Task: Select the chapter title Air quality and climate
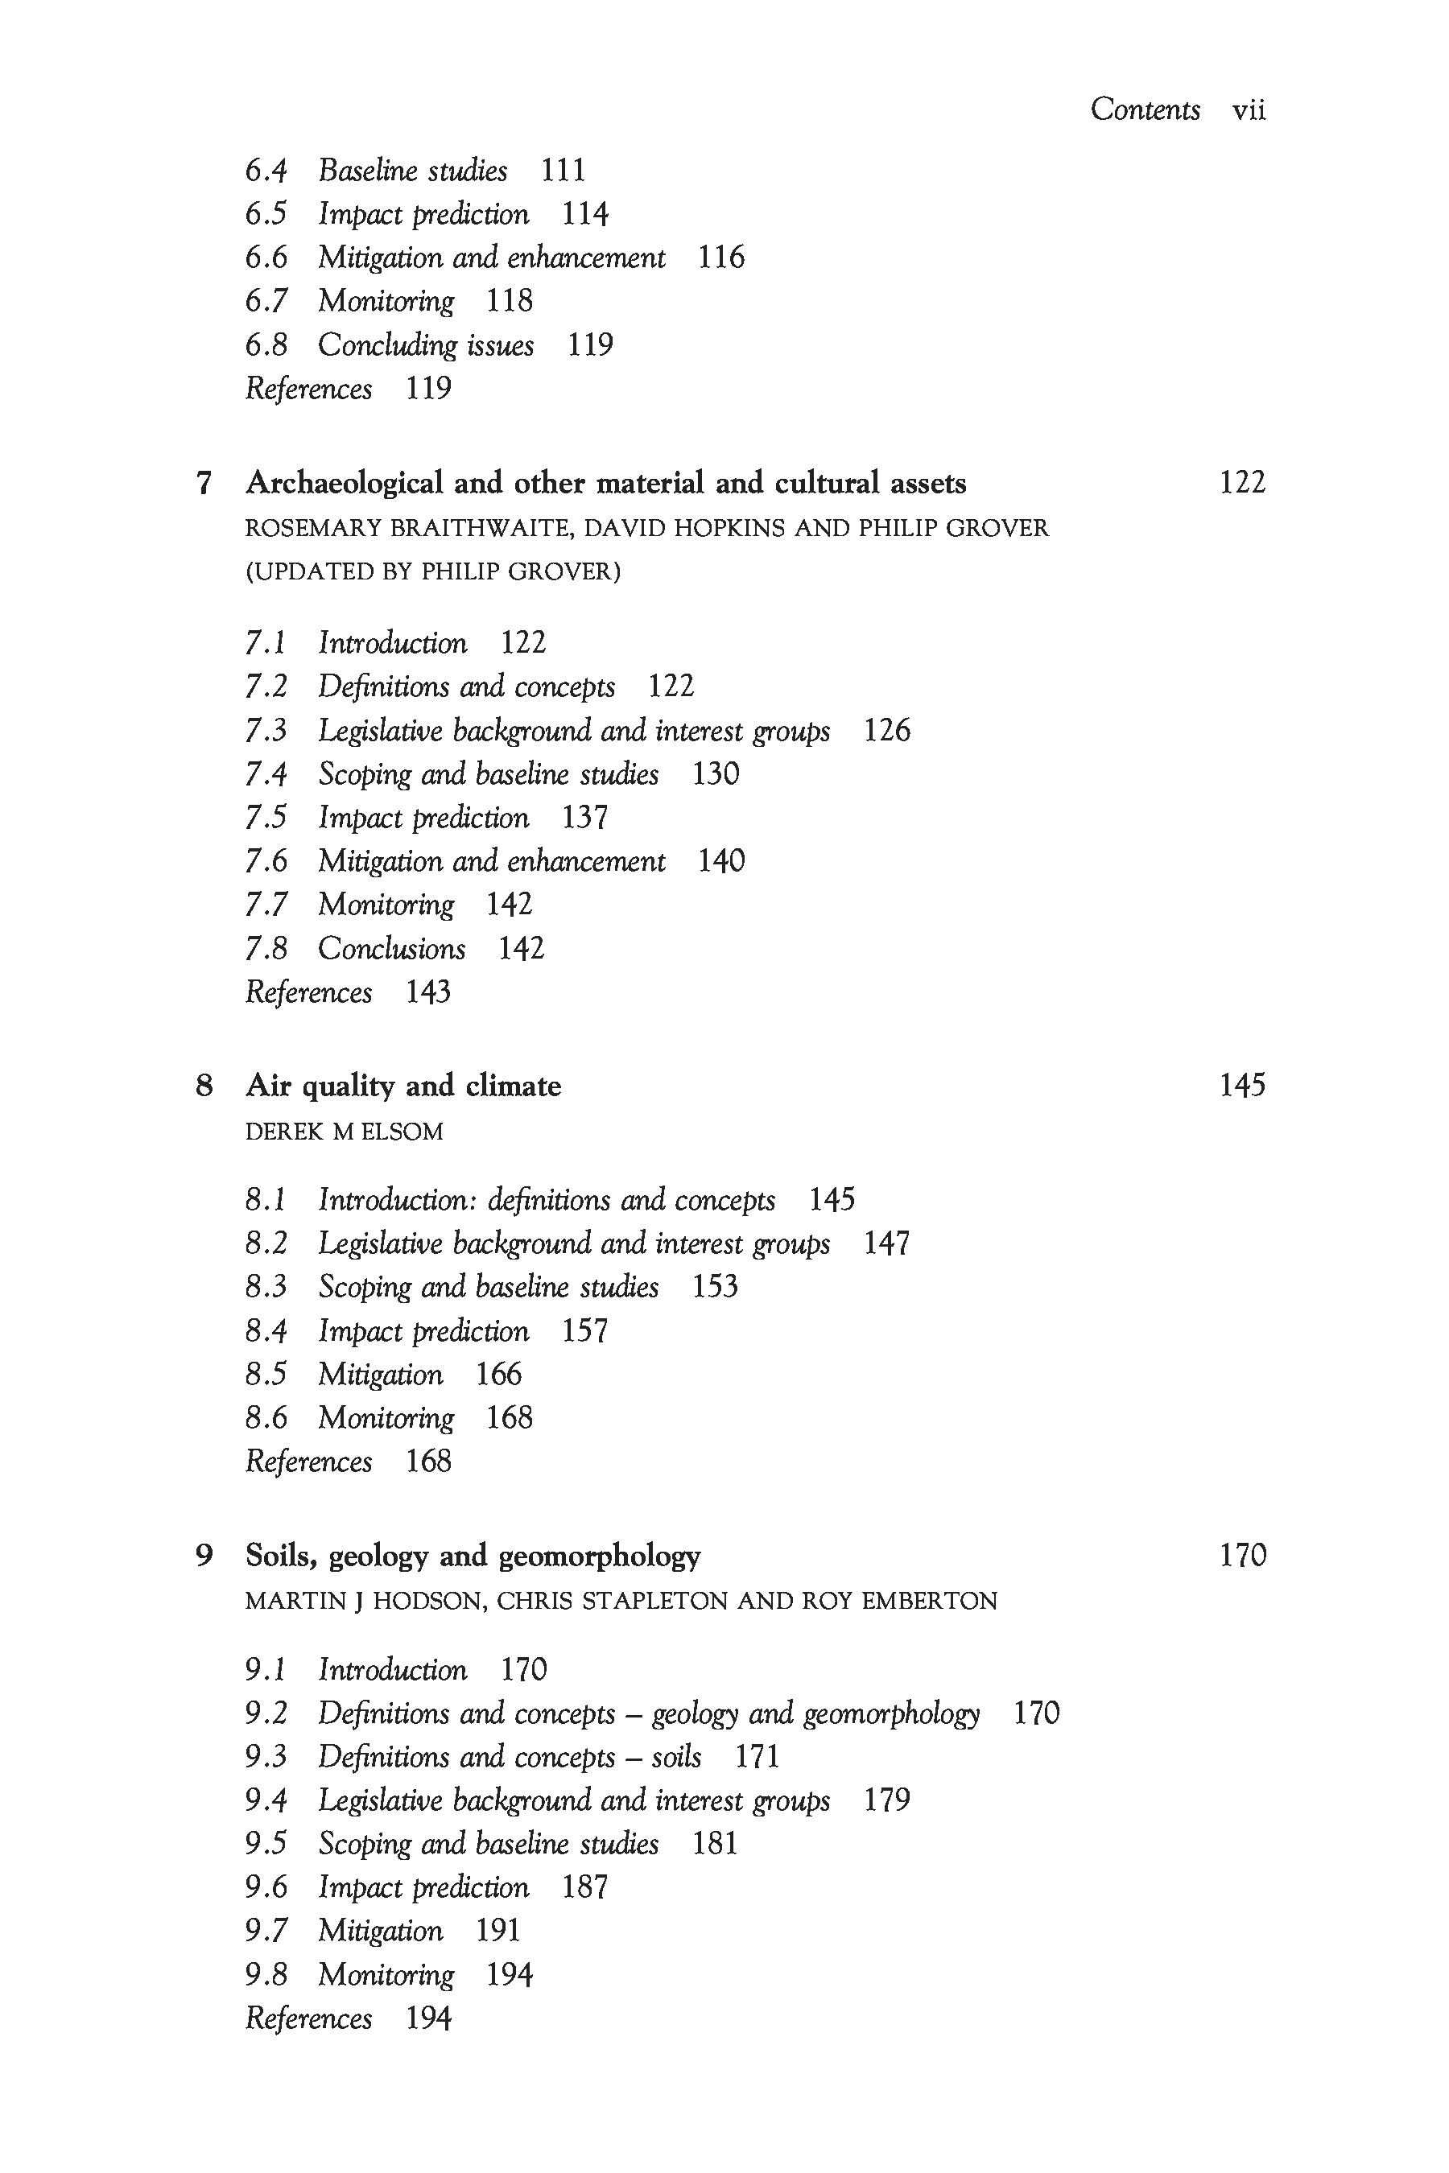pos(403,1086)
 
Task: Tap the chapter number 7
pos(204,483)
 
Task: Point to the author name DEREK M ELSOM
pos(344,1132)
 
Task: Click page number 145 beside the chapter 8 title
pos(1242,1086)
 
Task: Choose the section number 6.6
pos(266,258)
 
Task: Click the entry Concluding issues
pos(426,345)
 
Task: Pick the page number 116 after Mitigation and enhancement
pos(720,258)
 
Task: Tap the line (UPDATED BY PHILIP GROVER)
pos(432,572)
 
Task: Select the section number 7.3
pos(266,731)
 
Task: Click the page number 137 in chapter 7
pos(585,818)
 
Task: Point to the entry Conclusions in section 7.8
pos(392,949)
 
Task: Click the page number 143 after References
pos(428,992)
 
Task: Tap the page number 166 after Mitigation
pos(499,1375)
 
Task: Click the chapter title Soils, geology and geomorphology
pos(473,1556)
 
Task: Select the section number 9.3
pos(266,1757)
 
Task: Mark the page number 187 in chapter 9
pos(585,1887)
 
